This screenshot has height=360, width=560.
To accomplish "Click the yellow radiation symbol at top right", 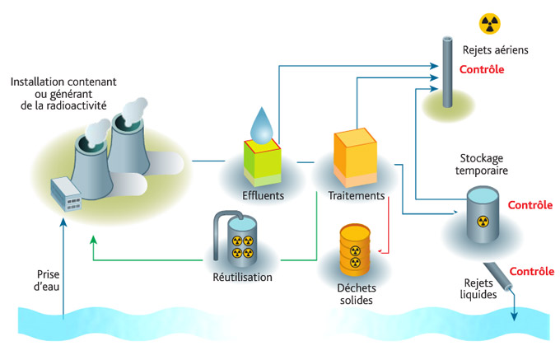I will tap(490, 23).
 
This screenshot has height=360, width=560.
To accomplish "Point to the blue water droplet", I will tap(263, 124).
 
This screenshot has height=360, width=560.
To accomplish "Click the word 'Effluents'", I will tap(264, 196).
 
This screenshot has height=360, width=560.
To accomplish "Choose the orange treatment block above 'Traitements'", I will tap(355, 157).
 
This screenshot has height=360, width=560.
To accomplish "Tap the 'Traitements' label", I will tap(356, 196).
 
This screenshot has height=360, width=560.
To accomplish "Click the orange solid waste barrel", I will tap(356, 248).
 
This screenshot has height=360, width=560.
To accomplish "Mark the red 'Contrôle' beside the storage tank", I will tap(530, 205).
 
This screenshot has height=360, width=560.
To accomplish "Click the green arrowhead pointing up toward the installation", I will tap(92, 240).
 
